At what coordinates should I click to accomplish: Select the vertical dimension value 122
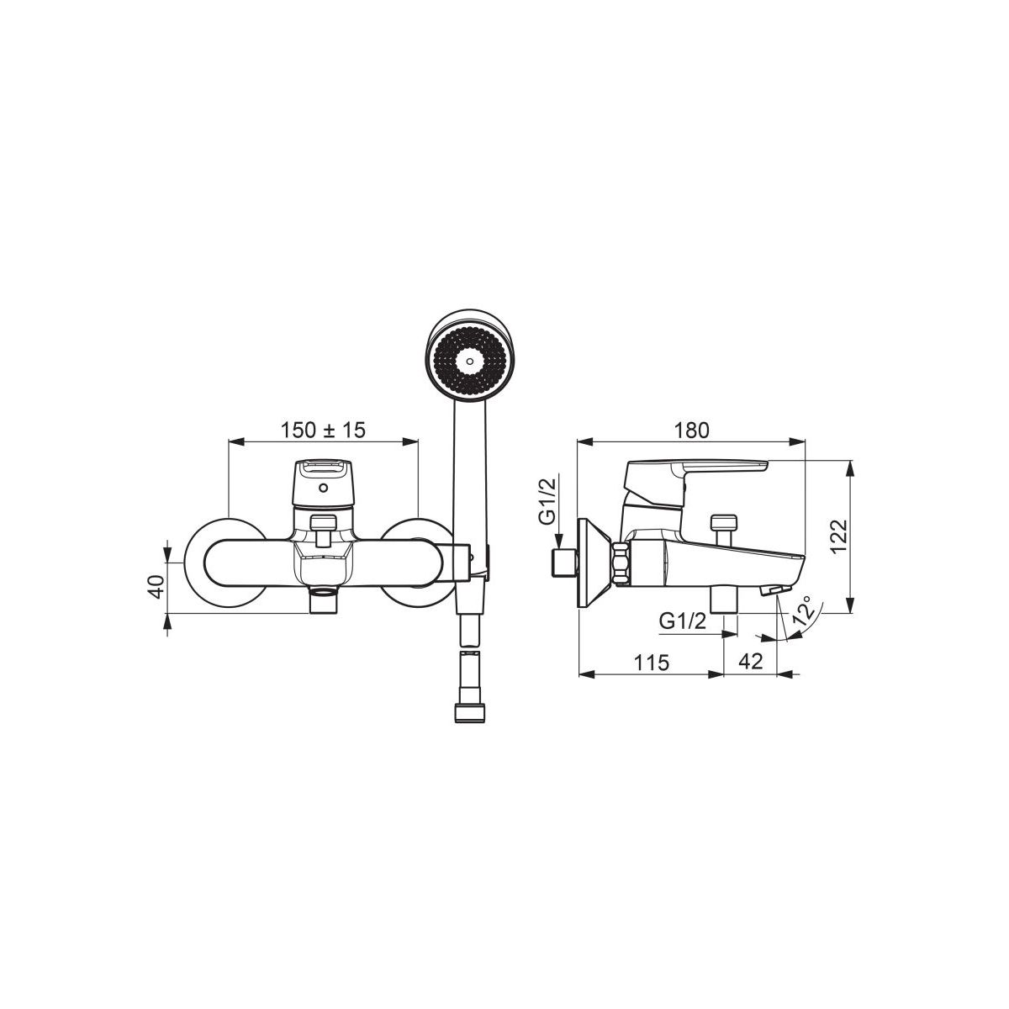pyautogui.click(x=837, y=536)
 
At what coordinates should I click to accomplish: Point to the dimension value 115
pyautogui.click(x=652, y=663)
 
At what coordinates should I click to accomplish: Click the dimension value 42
pyautogui.click(x=750, y=662)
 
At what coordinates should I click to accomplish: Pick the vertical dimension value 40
pyautogui.click(x=156, y=586)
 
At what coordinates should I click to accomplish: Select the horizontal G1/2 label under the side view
pyautogui.click(x=683, y=621)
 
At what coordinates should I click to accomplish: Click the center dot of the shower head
pyautogui.click(x=469, y=360)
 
